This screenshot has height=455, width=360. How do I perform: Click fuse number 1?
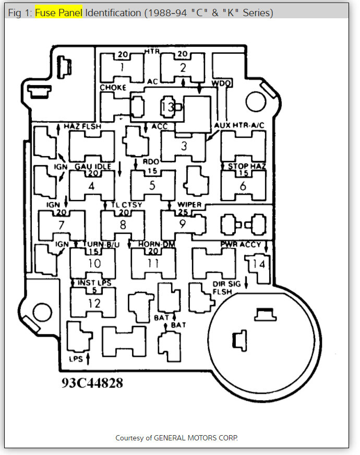tap(122, 67)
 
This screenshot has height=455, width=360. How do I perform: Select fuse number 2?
tap(183, 67)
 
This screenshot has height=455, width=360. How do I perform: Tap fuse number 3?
tap(184, 146)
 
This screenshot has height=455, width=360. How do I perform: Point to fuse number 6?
tap(243, 186)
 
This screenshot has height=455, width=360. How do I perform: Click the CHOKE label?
tap(113, 88)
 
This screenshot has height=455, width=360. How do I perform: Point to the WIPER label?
tap(189, 205)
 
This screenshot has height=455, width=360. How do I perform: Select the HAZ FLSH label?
tap(82, 127)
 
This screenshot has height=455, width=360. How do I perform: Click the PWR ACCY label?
tap(240, 244)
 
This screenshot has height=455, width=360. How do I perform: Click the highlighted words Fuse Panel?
tap(58, 13)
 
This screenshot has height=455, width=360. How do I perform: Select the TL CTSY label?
tap(126, 205)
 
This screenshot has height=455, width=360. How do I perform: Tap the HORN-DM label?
tap(156, 244)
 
